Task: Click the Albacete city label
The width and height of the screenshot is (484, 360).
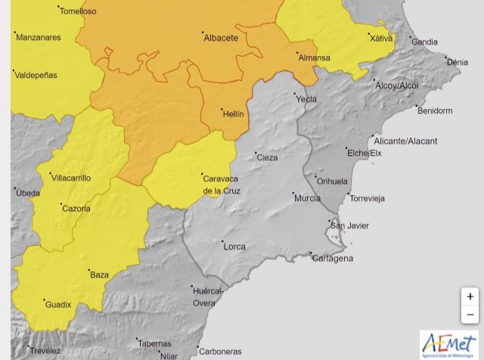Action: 221,38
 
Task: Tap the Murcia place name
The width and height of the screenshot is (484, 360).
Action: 307,198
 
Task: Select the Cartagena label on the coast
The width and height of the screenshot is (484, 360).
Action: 333,259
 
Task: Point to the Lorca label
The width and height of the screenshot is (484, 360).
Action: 234,247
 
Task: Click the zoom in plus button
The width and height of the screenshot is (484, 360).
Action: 470,296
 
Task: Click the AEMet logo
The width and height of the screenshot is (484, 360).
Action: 449,344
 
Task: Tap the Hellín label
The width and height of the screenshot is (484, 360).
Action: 233,113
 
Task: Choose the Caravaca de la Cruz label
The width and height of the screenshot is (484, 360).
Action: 221,185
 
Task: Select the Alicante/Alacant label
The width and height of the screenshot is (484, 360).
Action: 405,141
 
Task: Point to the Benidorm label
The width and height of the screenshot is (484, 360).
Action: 434,110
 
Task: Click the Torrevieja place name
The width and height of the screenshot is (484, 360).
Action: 367,199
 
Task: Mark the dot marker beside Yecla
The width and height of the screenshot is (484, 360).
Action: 295,95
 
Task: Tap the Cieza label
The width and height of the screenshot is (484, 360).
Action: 267,158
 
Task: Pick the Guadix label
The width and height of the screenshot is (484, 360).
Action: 58,305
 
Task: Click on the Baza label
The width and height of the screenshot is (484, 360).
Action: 99,275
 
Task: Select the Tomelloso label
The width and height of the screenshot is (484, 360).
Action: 78,11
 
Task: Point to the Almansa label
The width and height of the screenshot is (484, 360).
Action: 314,57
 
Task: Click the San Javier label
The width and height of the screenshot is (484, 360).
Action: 350,225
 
